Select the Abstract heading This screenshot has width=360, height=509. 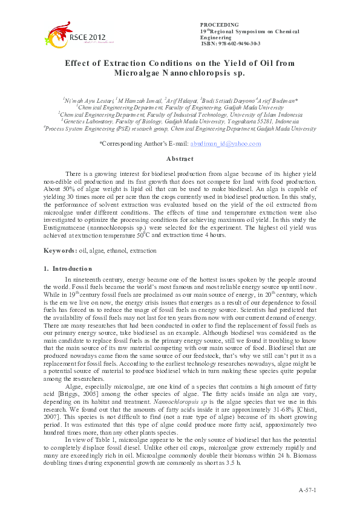179,159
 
